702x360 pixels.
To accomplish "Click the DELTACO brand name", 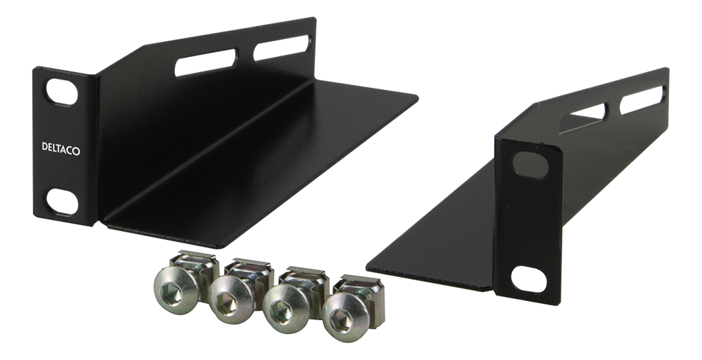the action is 61,148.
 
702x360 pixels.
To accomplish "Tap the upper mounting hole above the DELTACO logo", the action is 62,93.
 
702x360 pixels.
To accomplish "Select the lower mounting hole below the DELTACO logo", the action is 62,202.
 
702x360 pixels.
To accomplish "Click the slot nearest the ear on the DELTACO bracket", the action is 206,62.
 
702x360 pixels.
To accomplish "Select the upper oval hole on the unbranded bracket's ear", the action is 531,164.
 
